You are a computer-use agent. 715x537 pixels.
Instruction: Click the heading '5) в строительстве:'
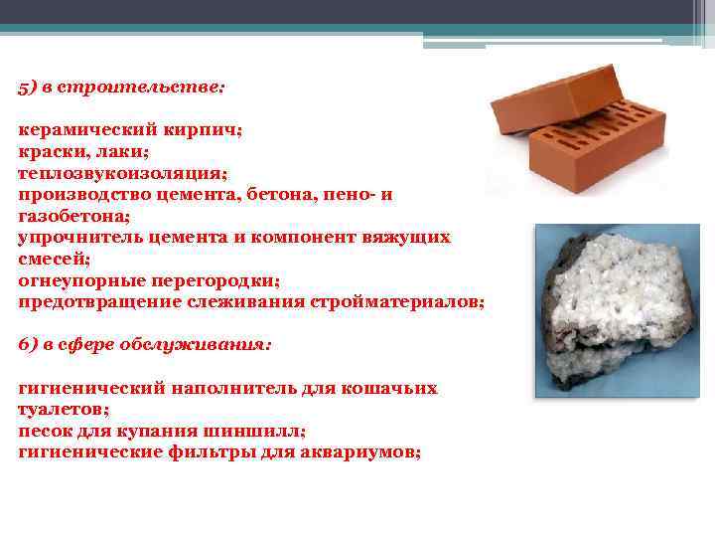click(x=122, y=87)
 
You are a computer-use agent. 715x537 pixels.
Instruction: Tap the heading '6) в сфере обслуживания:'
click(x=145, y=344)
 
